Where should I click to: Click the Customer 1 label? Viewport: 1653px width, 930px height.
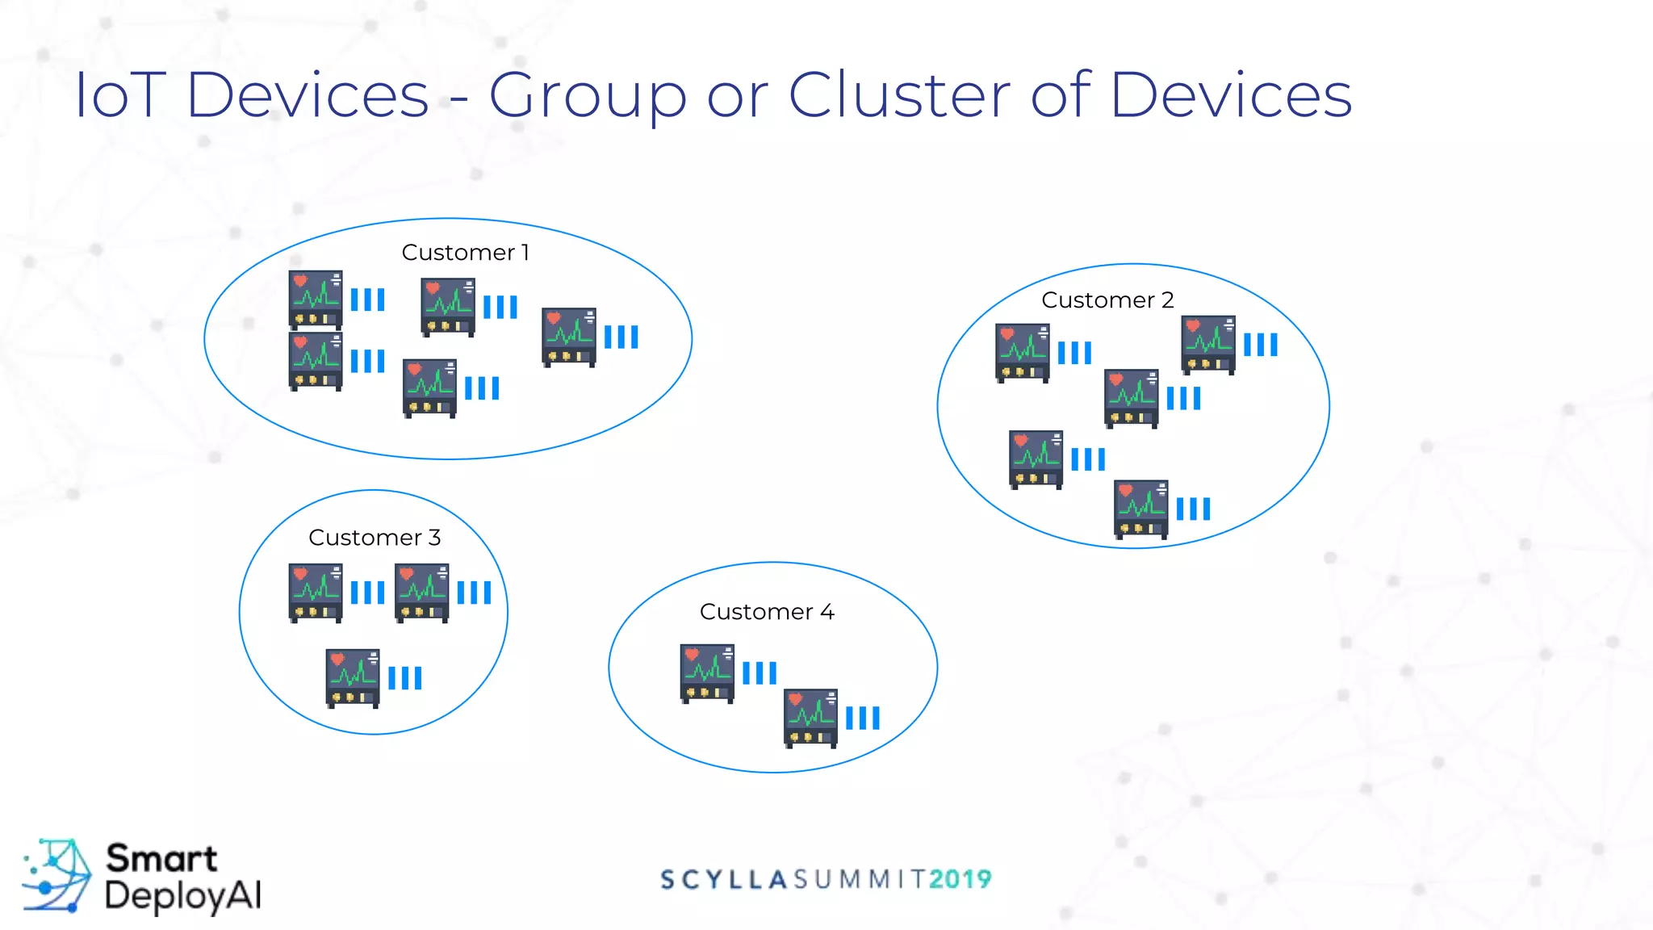(465, 253)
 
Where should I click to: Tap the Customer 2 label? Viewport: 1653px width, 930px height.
(1107, 300)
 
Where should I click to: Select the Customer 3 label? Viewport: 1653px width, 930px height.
(375, 538)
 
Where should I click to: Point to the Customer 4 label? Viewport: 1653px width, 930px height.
(767, 612)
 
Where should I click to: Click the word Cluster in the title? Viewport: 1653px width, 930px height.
(898, 95)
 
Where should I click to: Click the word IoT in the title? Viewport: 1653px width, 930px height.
(120, 95)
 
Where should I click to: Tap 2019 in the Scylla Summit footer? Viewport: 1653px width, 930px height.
(960, 879)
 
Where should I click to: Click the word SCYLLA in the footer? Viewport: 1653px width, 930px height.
(723, 879)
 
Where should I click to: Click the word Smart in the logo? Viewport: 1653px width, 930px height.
(161, 858)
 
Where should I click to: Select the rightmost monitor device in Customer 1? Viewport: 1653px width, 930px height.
(569, 337)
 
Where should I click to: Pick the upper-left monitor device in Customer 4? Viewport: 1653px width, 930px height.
(707, 673)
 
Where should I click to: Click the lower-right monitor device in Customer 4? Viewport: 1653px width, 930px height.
(810, 718)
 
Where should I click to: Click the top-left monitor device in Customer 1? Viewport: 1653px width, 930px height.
(316, 300)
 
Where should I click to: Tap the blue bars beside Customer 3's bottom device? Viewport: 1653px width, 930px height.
(405, 678)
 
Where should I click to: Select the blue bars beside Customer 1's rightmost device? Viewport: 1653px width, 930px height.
(621, 337)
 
